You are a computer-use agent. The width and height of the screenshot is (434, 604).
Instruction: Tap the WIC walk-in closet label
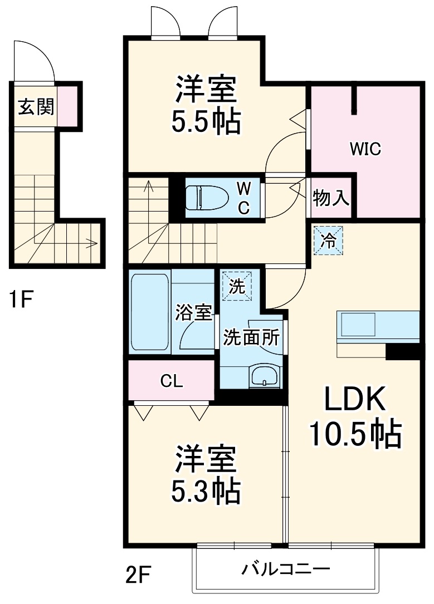pyautogui.click(x=365, y=149)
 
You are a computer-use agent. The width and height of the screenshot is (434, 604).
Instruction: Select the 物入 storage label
pyautogui.click(x=331, y=198)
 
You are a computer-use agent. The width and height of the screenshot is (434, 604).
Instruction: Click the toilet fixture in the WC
pyautogui.click(x=207, y=198)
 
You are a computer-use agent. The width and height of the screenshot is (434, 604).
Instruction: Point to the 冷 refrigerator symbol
pyautogui.click(x=328, y=240)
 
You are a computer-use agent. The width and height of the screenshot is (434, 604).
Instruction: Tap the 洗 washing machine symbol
pyautogui.click(x=237, y=287)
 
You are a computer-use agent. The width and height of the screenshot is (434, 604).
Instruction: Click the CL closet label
pyautogui.click(x=171, y=381)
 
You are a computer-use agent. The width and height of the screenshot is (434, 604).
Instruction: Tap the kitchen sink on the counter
pyautogui.click(x=358, y=324)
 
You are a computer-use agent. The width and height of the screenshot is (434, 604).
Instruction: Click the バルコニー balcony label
pyautogui.click(x=286, y=569)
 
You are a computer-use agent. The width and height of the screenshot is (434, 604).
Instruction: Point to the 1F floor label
pyautogui.click(x=21, y=301)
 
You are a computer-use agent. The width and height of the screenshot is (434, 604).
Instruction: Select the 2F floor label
pyautogui.click(x=138, y=574)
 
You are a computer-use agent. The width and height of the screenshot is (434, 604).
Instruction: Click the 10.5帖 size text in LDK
pyautogui.click(x=355, y=435)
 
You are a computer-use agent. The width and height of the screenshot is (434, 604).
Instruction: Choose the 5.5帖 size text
pyautogui.click(x=205, y=121)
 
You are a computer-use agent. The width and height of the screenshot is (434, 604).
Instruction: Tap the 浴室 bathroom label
pyautogui.click(x=193, y=313)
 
